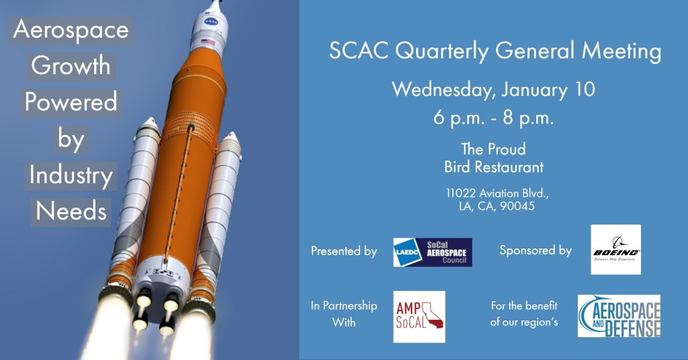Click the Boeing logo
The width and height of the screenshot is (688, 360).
(x=615, y=249)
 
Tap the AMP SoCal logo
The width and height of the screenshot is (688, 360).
(x=419, y=316)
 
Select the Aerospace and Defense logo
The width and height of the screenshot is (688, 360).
(x=619, y=316)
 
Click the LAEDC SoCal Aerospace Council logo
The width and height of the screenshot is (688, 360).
(x=433, y=252)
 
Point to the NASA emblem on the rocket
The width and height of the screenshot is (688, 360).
(x=211, y=21)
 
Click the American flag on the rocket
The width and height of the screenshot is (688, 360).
(x=208, y=42)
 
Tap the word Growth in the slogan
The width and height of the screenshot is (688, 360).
(x=71, y=66)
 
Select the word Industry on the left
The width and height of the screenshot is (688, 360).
(x=71, y=175)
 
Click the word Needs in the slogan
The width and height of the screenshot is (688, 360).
(x=71, y=211)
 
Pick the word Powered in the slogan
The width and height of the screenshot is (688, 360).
(x=71, y=101)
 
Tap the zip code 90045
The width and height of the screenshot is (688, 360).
(x=517, y=206)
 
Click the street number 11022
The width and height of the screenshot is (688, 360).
(x=461, y=193)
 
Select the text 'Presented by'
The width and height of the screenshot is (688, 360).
(x=344, y=251)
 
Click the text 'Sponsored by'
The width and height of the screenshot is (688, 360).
(x=535, y=251)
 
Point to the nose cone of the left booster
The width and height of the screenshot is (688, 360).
(x=149, y=125)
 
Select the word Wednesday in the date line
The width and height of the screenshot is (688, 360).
(x=442, y=89)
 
